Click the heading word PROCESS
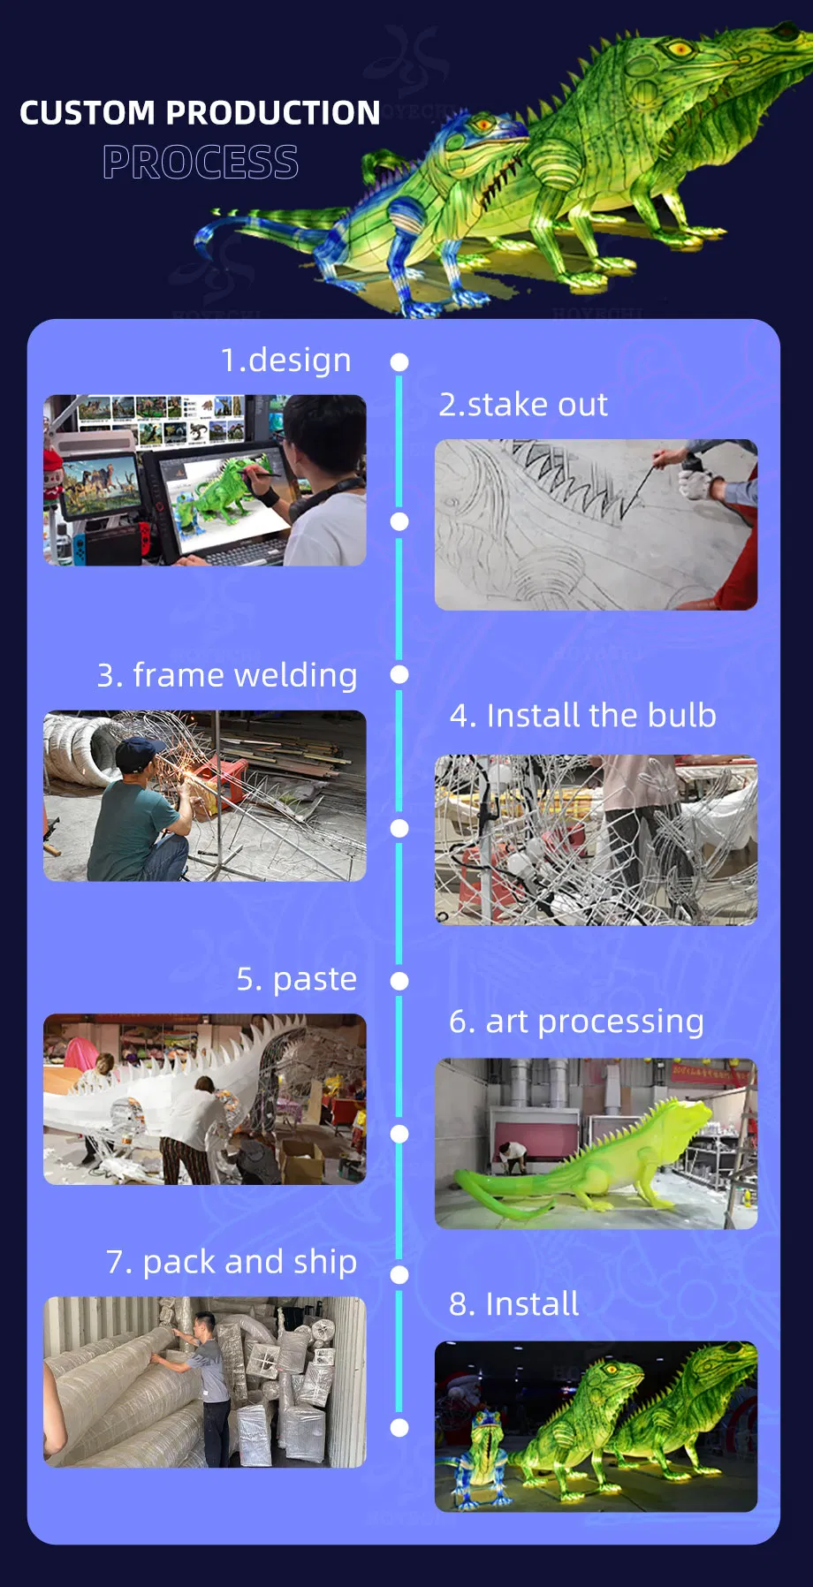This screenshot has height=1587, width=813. [201, 162]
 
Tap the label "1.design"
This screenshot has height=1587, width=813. [285, 361]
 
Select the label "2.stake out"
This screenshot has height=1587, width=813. [523, 405]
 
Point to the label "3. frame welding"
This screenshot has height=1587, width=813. [227, 676]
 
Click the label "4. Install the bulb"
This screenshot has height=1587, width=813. [583, 716]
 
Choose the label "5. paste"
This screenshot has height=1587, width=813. [297, 980]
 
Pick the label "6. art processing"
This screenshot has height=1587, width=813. [576, 1022]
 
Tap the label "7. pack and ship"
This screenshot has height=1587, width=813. [232, 1263]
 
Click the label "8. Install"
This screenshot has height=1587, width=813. [514, 1304]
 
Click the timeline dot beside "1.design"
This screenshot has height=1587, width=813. [399, 362]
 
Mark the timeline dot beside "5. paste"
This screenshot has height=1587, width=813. [399, 981]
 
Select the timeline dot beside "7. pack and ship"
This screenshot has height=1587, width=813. [399, 1274]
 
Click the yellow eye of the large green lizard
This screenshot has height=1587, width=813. [679, 47]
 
